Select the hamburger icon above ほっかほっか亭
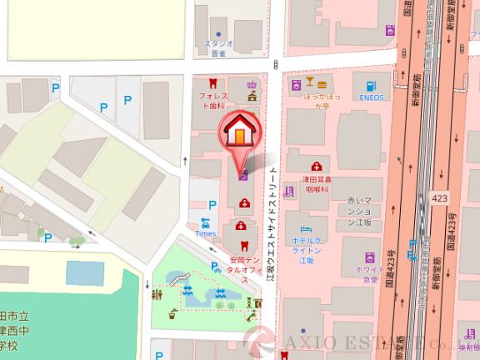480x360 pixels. coord(322,83)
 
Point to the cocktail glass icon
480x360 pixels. coord(309,83)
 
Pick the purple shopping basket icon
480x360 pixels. coord(251,83)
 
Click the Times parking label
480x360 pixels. coord(205,234)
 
